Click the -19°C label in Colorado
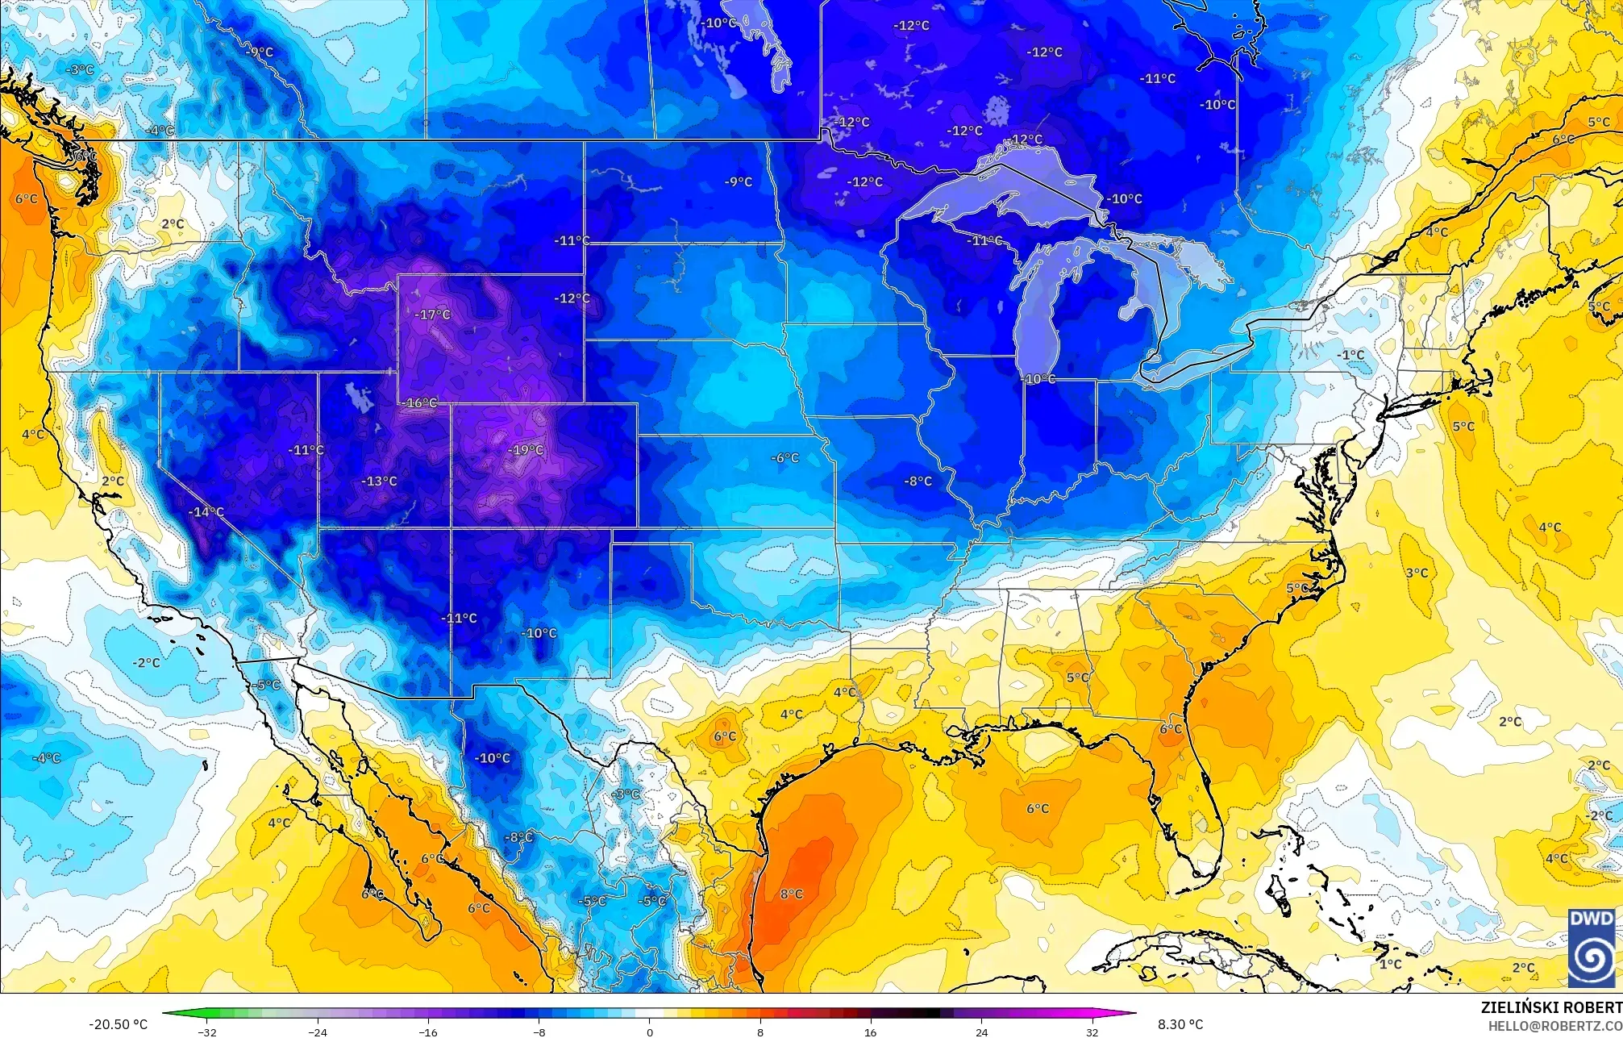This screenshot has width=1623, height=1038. tap(526, 450)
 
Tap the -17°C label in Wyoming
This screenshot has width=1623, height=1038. tap(433, 315)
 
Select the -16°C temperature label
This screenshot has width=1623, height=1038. tap(420, 402)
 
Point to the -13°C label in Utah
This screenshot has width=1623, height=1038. tap(379, 481)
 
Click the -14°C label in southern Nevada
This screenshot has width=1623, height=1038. tap(206, 512)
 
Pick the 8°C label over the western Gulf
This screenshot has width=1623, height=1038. tap(791, 894)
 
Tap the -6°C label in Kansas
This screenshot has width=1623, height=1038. tap(784, 458)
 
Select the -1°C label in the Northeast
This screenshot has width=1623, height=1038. tap(1350, 355)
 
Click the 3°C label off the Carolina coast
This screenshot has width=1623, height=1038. tap(1417, 573)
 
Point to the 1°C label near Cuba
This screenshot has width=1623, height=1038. tap(1390, 964)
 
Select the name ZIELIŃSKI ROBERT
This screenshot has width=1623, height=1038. tap(1551, 1007)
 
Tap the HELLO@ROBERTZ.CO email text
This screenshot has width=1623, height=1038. tap(1554, 1026)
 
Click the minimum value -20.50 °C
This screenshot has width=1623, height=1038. tap(118, 1024)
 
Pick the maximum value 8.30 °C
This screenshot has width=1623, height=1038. tap(1180, 1024)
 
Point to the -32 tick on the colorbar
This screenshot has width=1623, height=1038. tap(207, 1032)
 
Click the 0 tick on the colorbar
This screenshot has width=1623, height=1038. tap(650, 1032)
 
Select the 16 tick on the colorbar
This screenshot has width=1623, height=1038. tap(871, 1032)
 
